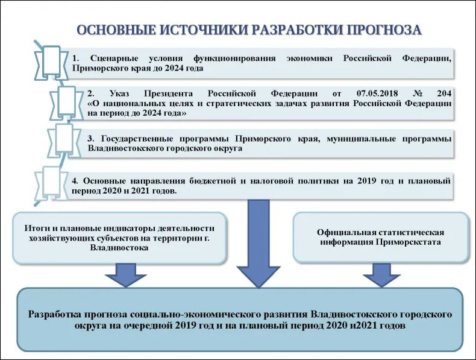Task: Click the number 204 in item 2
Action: [443, 94]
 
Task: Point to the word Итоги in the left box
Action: [37, 228]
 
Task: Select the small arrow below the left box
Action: [125, 278]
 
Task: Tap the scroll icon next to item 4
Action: [51, 183]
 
